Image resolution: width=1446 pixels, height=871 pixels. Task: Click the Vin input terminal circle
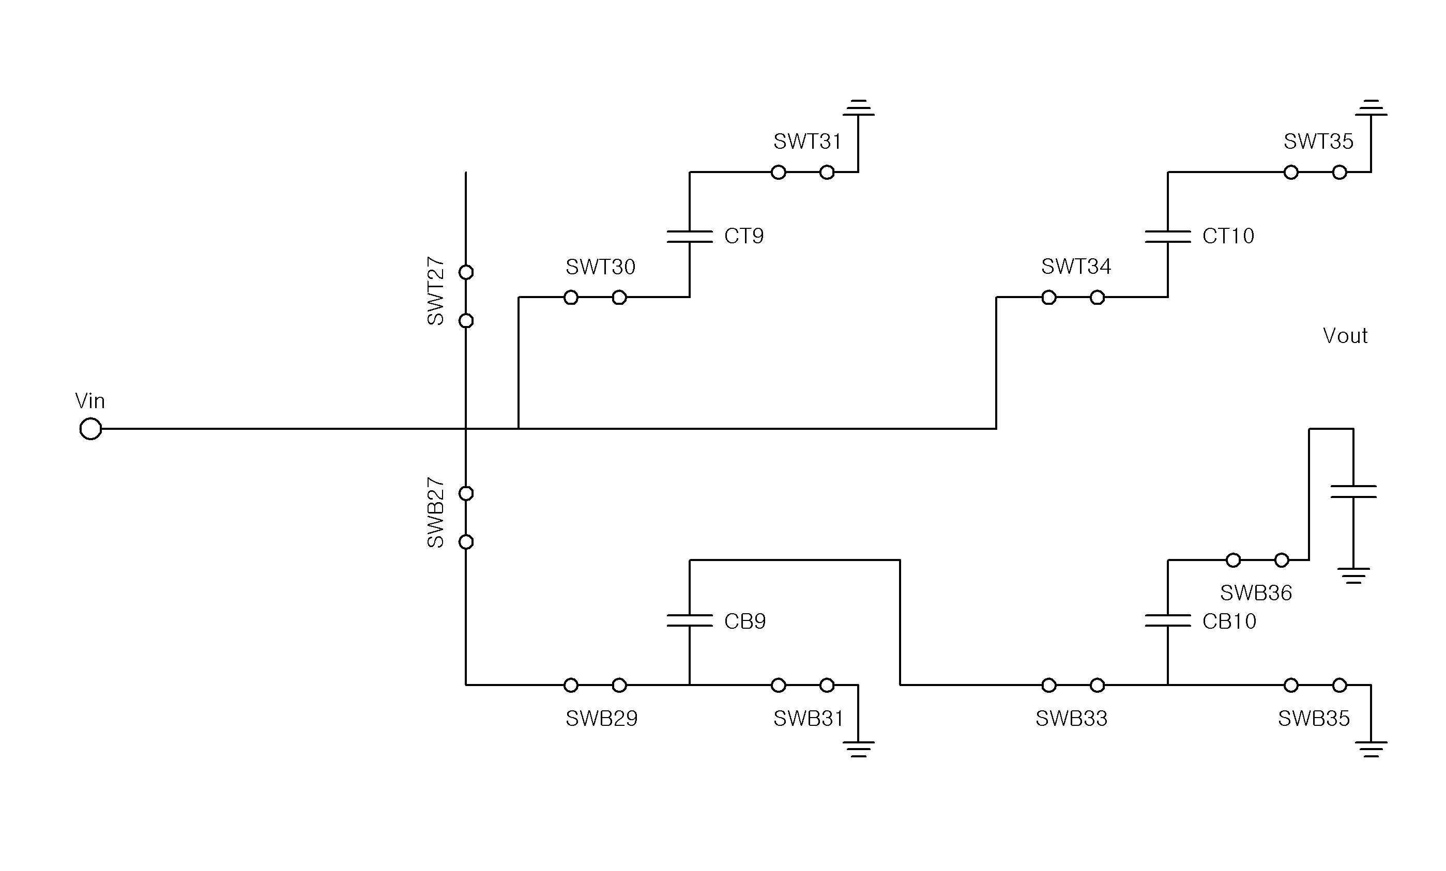pos(90,429)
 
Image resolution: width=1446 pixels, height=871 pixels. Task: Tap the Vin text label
pos(90,401)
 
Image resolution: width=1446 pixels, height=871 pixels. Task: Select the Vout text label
pos(1345,336)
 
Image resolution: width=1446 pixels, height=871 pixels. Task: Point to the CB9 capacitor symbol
pos(690,620)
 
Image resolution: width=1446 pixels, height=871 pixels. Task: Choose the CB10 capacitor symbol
pos(1168,620)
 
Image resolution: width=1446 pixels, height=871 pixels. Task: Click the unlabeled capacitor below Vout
pos(1353,491)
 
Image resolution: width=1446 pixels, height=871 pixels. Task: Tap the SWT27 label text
pos(435,291)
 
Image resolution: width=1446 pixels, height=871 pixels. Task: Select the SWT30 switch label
pos(600,268)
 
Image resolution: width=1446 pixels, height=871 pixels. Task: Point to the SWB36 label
pos(1256,593)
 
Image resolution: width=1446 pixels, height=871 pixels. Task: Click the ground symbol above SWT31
pos(858,108)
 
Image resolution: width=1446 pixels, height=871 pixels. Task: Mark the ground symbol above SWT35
pos(1371,108)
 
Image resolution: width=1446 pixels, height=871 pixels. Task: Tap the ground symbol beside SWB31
pos(858,749)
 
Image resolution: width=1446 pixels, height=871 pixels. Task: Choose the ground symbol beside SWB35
pos(1371,749)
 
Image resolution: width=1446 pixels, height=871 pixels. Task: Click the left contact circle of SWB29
pos(571,685)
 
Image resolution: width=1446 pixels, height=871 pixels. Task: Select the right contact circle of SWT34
pos(1098,298)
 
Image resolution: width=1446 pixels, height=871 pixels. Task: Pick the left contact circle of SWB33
pos(1049,685)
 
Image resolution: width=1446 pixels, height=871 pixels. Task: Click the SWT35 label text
pos(1319,142)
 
